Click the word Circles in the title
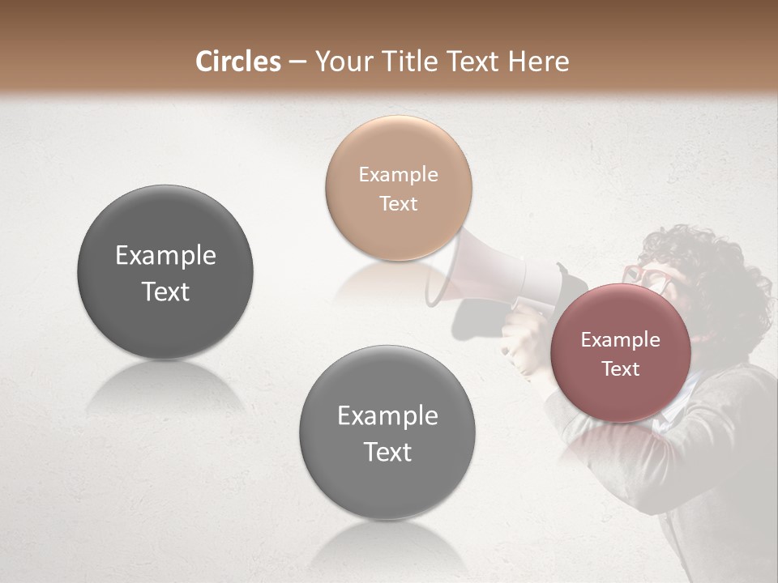238,62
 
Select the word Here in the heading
540,62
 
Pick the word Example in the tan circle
398,174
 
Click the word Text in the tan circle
398,203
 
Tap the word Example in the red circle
620,339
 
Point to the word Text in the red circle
620,368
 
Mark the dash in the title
297,62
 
